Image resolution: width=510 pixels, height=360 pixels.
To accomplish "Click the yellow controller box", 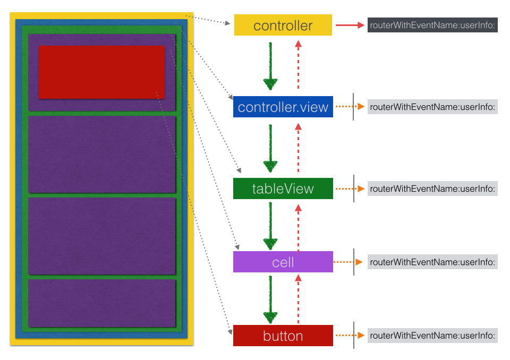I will pyautogui.click(x=283, y=25).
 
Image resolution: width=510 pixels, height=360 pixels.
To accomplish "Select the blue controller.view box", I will pyautogui.click(x=283, y=107).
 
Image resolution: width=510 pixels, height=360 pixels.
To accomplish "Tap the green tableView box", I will pyautogui.click(x=283, y=188).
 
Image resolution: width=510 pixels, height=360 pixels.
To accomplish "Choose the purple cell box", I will pyautogui.click(x=283, y=262).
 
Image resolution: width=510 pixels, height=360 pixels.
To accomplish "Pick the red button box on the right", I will pyautogui.click(x=283, y=336).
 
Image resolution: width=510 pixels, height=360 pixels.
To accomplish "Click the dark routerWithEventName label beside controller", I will pyautogui.click(x=432, y=25).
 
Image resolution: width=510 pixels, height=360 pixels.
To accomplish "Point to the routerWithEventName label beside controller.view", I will pyautogui.click(x=432, y=107).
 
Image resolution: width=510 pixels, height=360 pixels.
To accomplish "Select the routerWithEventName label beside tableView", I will pyautogui.click(x=432, y=188).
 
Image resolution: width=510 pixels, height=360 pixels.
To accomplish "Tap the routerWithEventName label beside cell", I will pyautogui.click(x=432, y=262).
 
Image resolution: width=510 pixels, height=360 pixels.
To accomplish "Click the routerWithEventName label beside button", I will pyautogui.click(x=432, y=336).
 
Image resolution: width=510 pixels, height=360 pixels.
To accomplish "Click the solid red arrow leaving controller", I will pyautogui.click(x=349, y=25).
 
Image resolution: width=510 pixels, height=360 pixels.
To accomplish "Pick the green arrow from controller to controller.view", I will pyautogui.click(x=270, y=66).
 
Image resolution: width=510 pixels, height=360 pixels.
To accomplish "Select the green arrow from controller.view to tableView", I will pyautogui.click(x=270, y=148).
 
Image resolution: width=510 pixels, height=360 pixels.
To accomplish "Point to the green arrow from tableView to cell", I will pyautogui.click(x=270, y=225).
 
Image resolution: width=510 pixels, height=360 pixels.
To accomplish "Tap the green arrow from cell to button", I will pyautogui.click(x=270, y=299).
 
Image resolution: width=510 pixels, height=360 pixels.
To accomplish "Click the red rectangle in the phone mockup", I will pyautogui.click(x=101, y=72).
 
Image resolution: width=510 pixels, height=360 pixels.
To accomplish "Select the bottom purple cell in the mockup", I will pyautogui.click(x=101, y=303).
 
